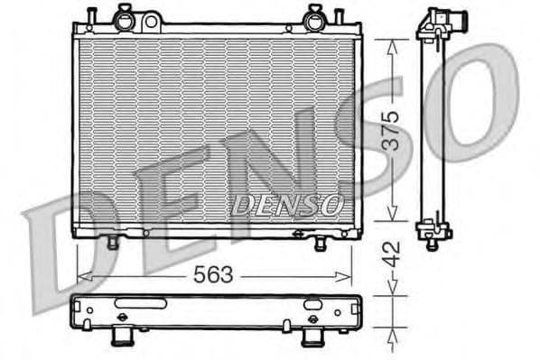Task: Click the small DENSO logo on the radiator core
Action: (286, 205)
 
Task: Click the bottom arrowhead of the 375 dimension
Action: (389, 216)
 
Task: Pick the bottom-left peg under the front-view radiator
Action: (112, 243)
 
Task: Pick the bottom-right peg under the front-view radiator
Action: (320, 244)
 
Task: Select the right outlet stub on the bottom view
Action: (312, 337)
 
